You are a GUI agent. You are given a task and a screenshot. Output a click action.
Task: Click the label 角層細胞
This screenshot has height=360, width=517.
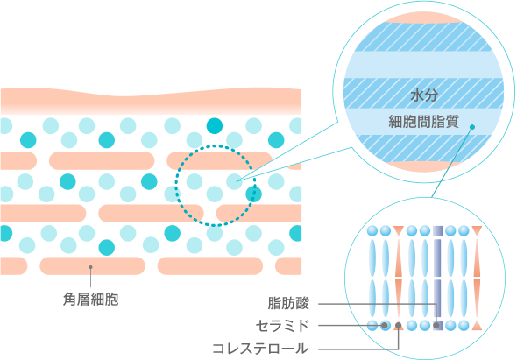[x=90, y=300]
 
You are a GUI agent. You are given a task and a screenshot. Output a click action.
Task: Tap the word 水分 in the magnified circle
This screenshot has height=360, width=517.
[x=424, y=95]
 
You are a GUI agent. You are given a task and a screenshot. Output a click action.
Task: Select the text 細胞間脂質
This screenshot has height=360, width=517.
[x=424, y=122]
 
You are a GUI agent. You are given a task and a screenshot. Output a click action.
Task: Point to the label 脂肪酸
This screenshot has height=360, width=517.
[x=288, y=303]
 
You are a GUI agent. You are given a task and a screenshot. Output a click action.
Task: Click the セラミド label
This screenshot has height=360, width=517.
[x=282, y=326]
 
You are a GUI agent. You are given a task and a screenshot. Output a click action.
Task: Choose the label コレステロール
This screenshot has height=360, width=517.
[x=260, y=349]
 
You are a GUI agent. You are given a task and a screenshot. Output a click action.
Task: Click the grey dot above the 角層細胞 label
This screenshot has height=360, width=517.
[x=90, y=267]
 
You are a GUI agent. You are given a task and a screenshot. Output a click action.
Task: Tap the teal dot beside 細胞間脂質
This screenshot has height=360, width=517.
[x=472, y=127]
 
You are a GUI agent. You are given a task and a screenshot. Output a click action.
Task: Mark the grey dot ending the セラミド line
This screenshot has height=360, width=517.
[x=384, y=326]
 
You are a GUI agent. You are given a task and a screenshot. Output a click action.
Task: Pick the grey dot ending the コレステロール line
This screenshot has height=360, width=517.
[x=399, y=326]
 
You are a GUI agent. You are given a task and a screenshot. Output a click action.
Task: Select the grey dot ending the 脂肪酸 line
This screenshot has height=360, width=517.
[x=436, y=326]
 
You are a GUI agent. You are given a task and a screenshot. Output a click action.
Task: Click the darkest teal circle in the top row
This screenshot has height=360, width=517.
[x=215, y=125]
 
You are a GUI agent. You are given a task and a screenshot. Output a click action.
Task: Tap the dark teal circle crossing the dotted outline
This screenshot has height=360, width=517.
[x=254, y=194]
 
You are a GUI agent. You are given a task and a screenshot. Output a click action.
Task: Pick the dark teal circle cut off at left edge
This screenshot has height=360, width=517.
[x=6, y=233]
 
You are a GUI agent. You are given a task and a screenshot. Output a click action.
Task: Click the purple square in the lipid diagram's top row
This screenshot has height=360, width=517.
[x=437, y=230]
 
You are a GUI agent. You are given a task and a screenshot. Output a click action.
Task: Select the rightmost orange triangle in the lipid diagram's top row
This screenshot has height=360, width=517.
[x=477, y=230]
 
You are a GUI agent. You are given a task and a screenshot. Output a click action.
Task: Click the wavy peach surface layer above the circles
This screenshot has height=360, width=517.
[x=151, y=101]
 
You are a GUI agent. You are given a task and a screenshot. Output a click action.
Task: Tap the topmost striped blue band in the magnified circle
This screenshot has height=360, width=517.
[x=424, y=37]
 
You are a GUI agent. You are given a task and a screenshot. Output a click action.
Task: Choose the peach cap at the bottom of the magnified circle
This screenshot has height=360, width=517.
[x=424, y=166]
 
